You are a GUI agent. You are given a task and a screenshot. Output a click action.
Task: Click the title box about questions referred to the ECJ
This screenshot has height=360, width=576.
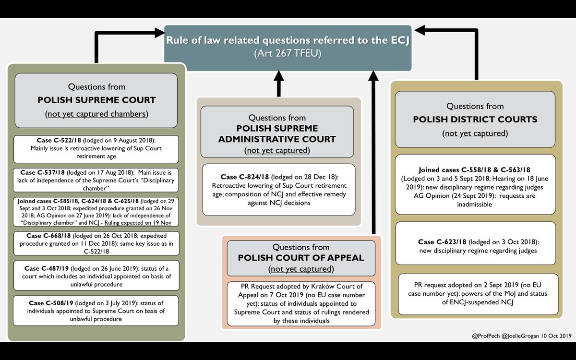[288, 47]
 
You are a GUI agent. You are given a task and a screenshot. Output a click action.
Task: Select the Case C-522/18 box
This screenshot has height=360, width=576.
[96, 148]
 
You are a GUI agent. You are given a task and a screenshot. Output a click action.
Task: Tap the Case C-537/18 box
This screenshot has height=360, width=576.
[96, 180]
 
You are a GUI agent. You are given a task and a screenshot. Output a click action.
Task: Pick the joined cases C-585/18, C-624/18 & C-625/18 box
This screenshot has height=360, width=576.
[96, 212]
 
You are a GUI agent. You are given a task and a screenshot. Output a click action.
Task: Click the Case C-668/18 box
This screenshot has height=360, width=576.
[96, 243]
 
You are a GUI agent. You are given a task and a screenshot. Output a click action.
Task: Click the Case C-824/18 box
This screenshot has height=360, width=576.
[278, 190]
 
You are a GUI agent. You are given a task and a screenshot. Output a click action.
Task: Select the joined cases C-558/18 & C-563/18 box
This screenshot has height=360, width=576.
[475, 184]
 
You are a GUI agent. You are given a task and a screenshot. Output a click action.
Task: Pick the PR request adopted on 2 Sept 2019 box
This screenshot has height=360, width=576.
[475, 294]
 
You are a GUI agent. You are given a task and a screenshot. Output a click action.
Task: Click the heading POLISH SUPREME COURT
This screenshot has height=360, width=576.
[96, 100]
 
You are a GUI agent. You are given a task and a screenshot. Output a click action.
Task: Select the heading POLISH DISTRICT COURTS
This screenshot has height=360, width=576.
[475, 119]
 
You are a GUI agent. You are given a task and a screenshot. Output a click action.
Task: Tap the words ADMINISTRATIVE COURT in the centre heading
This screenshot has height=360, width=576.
[277, 139]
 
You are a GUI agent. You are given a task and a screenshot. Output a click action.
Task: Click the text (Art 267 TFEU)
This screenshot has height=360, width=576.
[288, 54]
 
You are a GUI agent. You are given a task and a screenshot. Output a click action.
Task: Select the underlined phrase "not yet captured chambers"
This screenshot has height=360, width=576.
[96, 114]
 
